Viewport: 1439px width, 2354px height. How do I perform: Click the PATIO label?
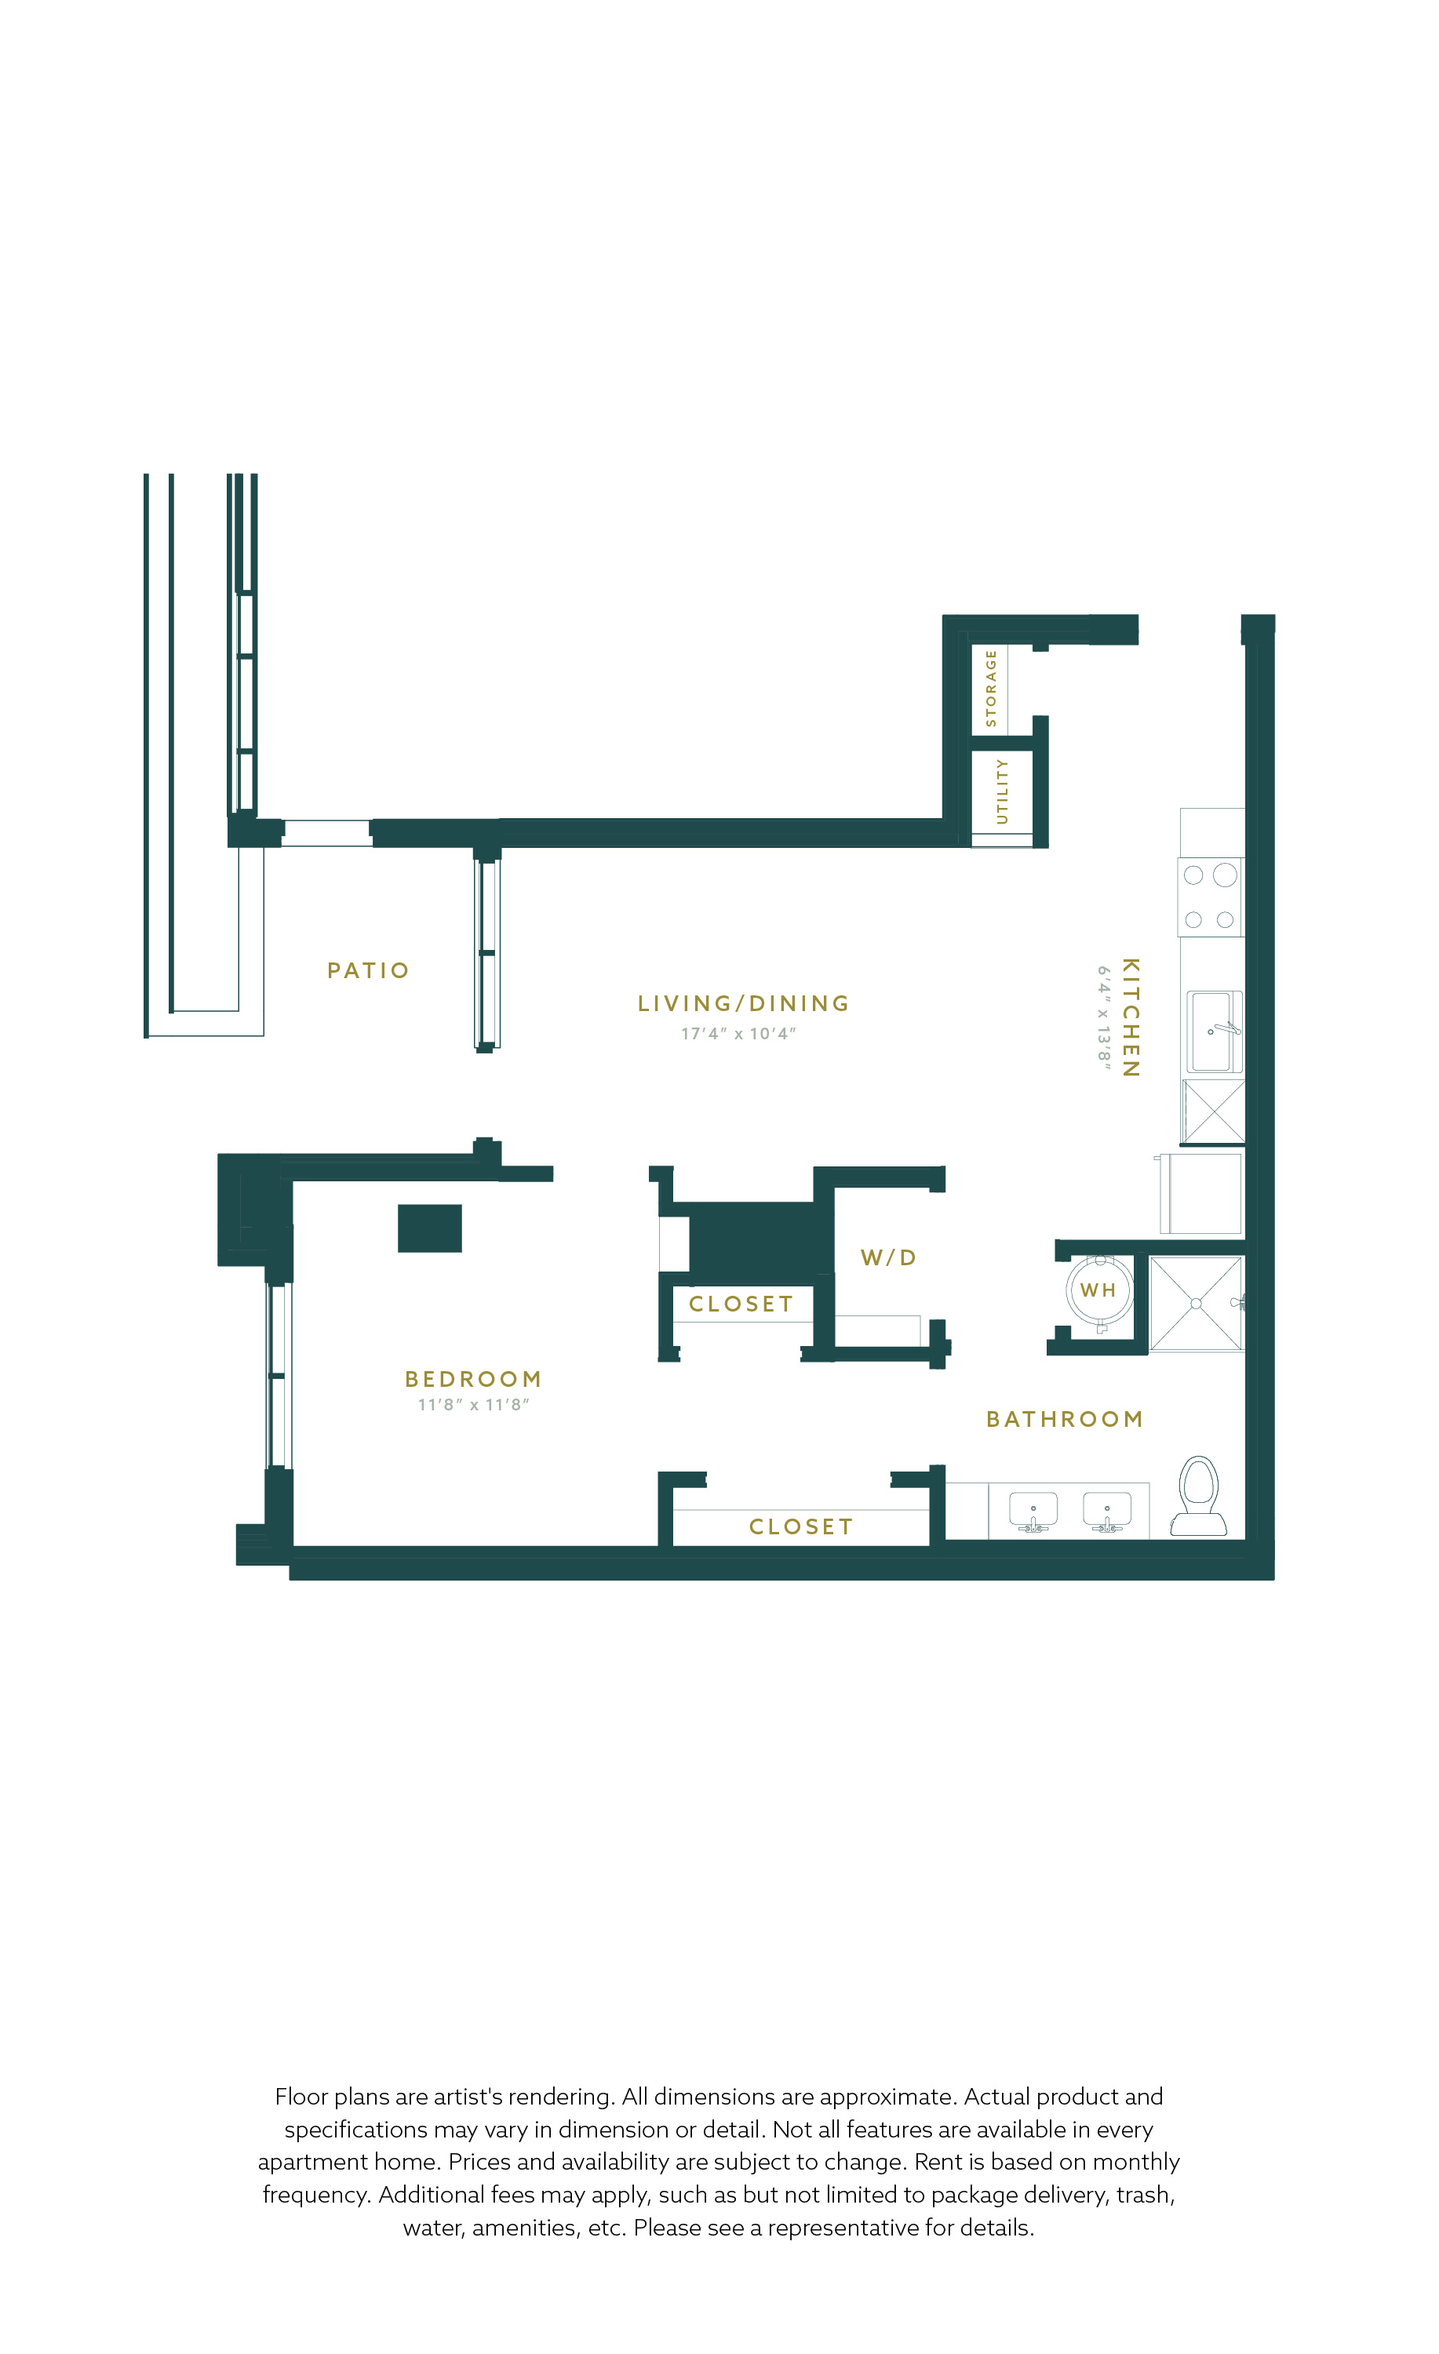pos(368,970)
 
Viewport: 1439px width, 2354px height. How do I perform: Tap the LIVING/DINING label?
pos(743,1003)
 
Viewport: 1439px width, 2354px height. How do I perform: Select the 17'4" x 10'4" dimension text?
pos(738,1034)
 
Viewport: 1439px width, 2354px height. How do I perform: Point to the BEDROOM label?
pos(473,1378)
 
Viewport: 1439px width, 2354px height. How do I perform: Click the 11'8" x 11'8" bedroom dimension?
pos(473,1404)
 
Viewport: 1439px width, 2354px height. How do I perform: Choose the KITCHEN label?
pos(1131,1017)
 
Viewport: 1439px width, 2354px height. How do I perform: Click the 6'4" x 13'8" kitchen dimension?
pos(1104,1017)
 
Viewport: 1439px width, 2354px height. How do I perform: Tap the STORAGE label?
pos(991,688)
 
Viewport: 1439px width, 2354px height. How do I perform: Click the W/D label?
pos(889,1257)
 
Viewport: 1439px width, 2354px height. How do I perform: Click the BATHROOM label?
pos(1065,1419)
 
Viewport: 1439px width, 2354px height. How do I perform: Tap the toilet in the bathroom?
pos(1199,1495)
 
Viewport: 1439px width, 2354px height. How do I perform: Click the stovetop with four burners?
pos(1211,897)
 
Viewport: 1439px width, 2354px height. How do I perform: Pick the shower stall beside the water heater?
pos(1197,1303)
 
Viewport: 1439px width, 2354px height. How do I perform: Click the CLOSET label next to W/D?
pos(741,1304)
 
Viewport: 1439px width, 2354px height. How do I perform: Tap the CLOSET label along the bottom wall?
pos(801,1526)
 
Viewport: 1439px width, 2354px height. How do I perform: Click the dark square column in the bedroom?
pos(430,1228)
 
